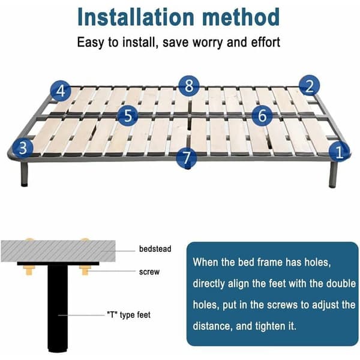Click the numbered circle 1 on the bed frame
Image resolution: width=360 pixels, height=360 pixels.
point(339,152)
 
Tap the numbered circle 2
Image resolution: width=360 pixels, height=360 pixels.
point(310,86)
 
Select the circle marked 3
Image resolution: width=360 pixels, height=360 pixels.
point(23,148)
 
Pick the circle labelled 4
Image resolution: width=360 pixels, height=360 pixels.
point(61,91)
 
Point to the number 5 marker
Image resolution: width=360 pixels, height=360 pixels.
point(128,115)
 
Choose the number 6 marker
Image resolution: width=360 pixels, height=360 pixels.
point(262,115)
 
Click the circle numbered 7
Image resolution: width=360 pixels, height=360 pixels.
point(187,158)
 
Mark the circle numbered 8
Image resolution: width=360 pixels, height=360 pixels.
point(189,86)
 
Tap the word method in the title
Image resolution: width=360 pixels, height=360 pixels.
point(241,17)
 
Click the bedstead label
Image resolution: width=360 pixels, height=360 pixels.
point(155,249)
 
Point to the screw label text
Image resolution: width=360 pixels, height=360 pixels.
point(149,272)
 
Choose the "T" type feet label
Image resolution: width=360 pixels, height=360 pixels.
point(129,315)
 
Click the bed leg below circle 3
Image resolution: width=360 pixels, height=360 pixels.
point(24,173)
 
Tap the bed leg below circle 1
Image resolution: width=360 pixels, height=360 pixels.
point(333,174)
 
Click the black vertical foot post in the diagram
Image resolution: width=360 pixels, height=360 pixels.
point(58,308)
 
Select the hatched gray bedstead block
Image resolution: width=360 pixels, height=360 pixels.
point(58,251)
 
